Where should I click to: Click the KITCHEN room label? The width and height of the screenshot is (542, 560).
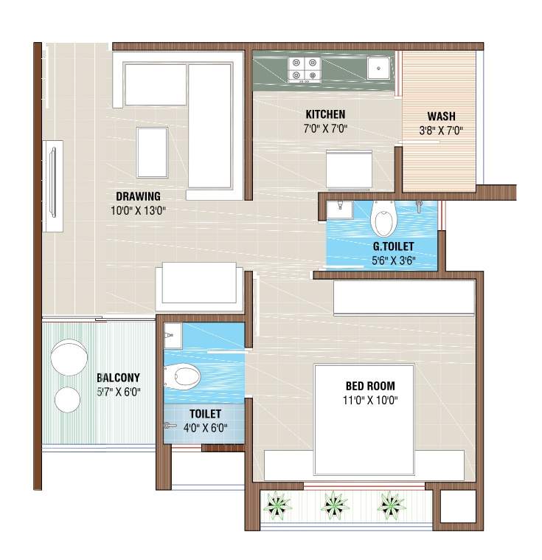pos(325,114)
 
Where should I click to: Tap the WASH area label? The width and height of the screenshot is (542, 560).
pos(441,117)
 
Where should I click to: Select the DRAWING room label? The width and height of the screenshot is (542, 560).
pos(138,196)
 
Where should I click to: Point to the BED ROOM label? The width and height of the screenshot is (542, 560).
pos(370,386)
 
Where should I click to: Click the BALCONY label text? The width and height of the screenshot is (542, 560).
pos(118,378)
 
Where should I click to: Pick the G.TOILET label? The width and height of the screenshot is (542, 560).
pos(393,246)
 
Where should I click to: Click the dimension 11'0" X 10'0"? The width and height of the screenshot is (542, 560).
pos(370,401)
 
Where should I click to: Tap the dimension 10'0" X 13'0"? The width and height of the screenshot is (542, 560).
pos(138,210)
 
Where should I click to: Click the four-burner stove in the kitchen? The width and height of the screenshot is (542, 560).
pos(305,69)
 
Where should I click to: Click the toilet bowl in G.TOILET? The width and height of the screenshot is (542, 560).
pos(383,219)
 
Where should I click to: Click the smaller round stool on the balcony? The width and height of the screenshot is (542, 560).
pos(68,399)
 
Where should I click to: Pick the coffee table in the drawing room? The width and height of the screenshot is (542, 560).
pos(153,152)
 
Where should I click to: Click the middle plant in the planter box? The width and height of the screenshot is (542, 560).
pos(336,505)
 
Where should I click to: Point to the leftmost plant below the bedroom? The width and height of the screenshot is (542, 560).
pos(278,505)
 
